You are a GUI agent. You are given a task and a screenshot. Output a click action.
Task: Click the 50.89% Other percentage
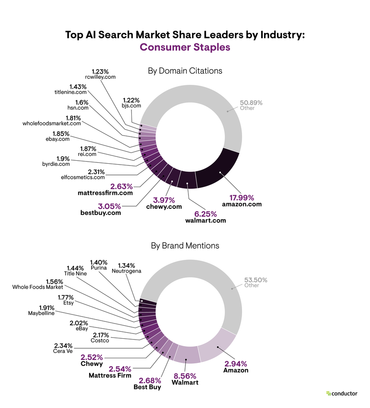251,103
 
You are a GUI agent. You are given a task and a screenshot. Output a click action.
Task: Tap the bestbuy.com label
101,213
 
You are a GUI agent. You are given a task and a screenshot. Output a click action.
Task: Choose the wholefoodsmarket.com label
52,123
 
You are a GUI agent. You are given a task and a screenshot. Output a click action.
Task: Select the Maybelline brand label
41,313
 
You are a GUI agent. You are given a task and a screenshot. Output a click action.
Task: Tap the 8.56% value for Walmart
185,376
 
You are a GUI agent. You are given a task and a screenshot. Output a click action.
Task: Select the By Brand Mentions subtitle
185,246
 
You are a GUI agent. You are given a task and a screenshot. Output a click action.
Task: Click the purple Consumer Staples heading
185,47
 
